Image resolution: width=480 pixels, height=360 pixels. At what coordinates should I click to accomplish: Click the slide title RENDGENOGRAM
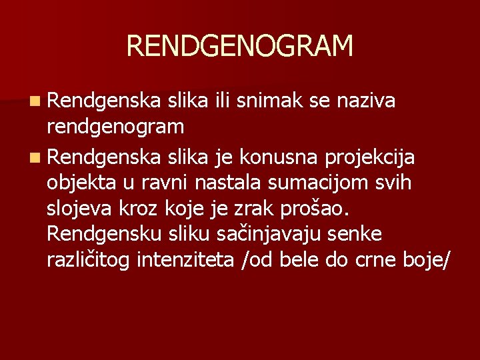tap(239, 46)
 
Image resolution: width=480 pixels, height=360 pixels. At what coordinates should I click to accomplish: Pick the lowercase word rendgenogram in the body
tap(116, 125)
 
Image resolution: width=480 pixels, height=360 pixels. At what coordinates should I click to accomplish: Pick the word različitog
tap(89, 259)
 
